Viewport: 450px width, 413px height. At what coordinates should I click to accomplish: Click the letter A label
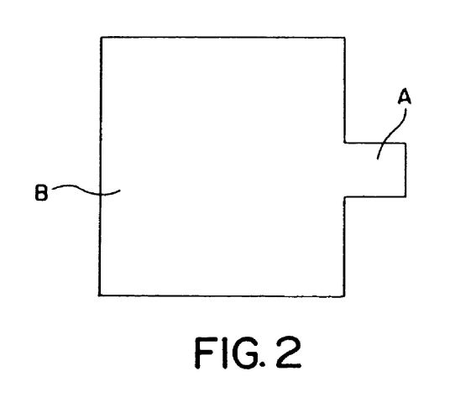[x=405, y=97]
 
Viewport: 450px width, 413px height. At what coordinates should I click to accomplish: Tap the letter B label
[x=41, y=193]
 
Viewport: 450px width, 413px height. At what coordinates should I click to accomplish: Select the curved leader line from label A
[x=392, y=133]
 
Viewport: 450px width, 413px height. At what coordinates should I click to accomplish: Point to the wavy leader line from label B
[x=86, y=190]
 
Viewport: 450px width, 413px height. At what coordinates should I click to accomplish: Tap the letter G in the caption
[x=244, y=353]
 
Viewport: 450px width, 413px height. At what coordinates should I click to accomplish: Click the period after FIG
[x=263, y=365]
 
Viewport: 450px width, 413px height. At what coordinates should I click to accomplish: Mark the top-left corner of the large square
[x=101, y=37]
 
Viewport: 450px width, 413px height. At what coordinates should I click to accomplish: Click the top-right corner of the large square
[x=345, y=38]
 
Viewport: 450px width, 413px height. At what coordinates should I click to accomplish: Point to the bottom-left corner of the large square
[x=99, y=295]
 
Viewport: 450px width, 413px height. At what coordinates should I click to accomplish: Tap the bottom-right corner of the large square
[x=345, y=296]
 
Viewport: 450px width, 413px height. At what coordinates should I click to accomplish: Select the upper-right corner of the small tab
[x=406, y=143]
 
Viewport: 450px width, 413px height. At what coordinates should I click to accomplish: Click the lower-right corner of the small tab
[x=406, y=196]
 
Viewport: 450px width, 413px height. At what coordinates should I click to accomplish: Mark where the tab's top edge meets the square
[x=345, y=143]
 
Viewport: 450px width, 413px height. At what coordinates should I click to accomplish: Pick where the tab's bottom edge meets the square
[x=345, y=197]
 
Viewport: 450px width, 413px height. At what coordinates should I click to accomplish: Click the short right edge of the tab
[x=406, y=170]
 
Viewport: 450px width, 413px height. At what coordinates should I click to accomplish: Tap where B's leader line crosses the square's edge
[x=101, y=195]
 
